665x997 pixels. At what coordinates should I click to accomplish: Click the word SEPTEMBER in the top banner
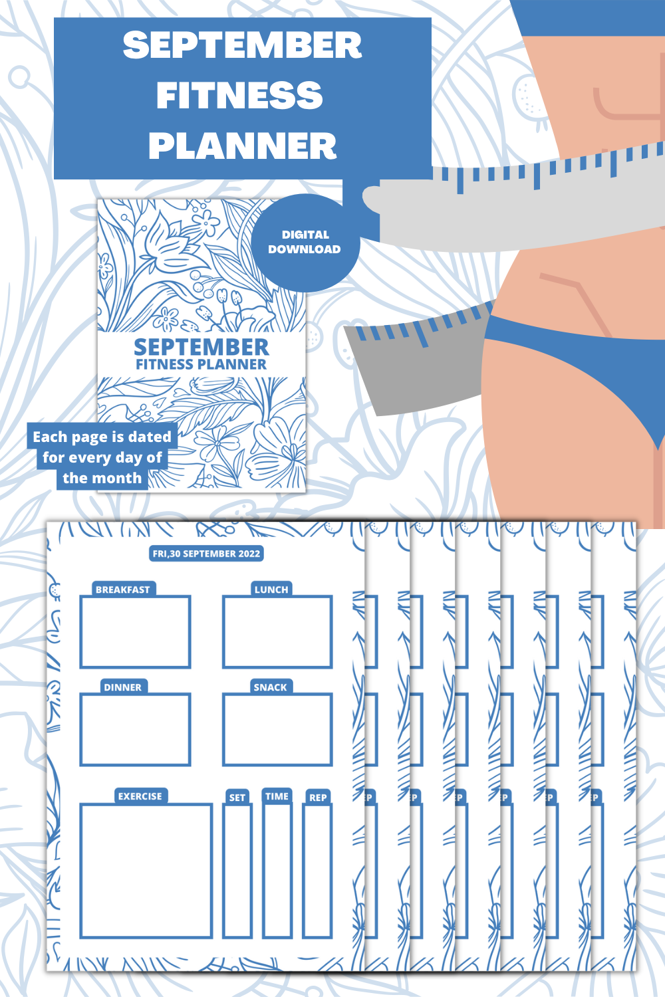(x=242, y=45)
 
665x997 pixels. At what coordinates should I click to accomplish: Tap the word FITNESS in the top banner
(x=239, y=95)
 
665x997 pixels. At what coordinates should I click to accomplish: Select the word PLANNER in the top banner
(x=242, y=146)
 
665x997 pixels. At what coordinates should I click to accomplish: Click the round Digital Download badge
(x=305, y=242)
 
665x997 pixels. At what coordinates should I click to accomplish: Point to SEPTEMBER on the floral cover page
(x=201, y=347)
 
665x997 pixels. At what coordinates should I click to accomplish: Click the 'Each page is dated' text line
(x=102, y=437)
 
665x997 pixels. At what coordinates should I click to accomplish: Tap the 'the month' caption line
(x=102, y=478)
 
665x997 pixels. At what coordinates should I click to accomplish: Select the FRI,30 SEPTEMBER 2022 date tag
(x=206, y=554)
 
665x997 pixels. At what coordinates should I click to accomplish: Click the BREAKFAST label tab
(x=122, y=590)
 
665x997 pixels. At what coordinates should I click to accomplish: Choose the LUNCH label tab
(x=271, y=590)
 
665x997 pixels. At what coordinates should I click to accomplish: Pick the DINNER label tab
(x=122, y=687)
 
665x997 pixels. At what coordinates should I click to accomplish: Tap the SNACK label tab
(x=270, y=687)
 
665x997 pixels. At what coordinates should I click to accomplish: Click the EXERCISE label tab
(x=140, y=796)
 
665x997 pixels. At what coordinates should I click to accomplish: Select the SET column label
(x=237, y=798)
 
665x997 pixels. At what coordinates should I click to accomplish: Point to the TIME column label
(x=277, y=796)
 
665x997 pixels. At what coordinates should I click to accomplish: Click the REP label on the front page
(x=318, y=798)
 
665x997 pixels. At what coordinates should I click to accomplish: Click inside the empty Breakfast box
(x=135, y=632)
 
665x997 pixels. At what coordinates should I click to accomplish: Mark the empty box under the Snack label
(x=277, y=730)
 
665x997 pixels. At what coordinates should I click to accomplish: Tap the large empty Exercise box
(x=146, y=871)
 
